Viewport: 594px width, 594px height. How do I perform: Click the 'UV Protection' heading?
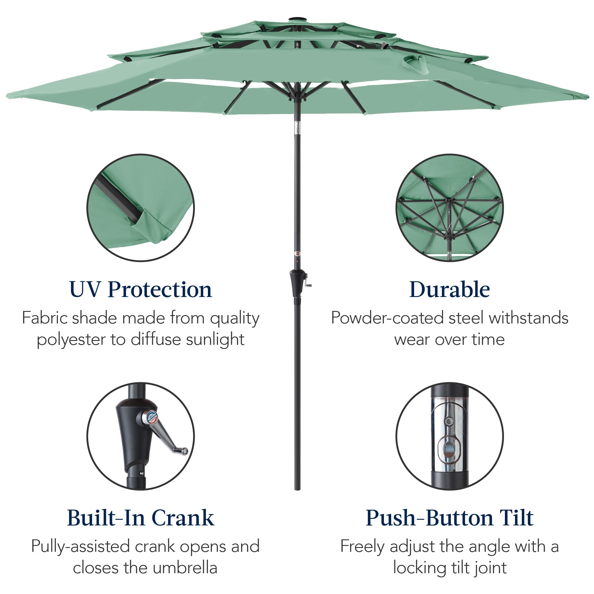[x=140, y=290]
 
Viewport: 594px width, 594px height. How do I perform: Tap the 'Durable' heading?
[x=449, y=290]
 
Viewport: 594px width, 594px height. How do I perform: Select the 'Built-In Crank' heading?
[x=140, y=518]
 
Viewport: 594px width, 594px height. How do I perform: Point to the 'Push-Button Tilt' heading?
[x=449, y=518]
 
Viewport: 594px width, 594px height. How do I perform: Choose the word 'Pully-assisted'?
[x=80, y=546]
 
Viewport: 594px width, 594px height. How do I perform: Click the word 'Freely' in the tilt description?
[x=362, y=546]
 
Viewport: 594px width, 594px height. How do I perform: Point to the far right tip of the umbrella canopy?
[x=588, y=97]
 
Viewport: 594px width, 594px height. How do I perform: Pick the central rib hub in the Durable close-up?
[x=449, y=201]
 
